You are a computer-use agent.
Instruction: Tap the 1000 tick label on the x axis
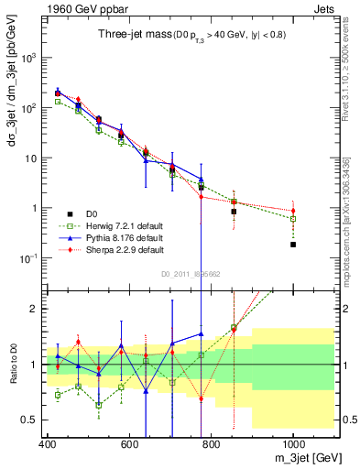tap(293, 445)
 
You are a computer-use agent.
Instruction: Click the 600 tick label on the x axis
tap(129, 445)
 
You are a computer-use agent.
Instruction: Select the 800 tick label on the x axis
tap(212, 445)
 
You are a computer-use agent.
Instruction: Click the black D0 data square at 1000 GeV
tap(293, 245)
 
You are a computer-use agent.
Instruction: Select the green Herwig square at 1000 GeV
tap(293, 219)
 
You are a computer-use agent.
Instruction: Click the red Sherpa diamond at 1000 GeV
tap(293, 211)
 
